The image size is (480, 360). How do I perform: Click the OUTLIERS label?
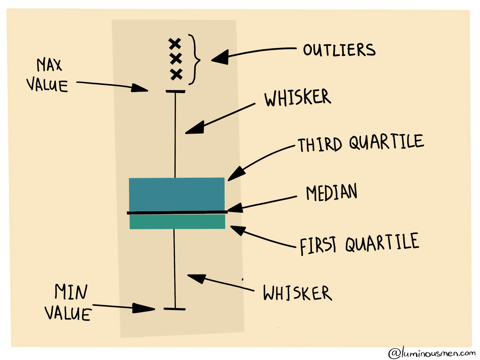coord(339,50)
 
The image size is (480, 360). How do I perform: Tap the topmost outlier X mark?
coord(175,44)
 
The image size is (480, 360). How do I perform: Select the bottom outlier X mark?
coord(176,74)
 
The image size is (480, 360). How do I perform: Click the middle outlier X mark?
coord(176,59)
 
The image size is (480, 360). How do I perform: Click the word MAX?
coord(49,65)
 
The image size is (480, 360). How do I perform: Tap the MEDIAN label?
coord(332,192)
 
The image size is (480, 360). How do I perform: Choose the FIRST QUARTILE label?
coord(359,244)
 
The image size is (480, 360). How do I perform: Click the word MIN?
coord(71,292)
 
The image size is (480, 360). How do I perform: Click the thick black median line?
coord(177,212)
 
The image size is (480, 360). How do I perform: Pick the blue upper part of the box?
coord(177,194)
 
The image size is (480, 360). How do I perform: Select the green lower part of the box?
coord(177,222)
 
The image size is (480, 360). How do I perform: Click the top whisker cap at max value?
coord(176,91)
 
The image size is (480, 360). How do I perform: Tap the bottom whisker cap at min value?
coord(175,309)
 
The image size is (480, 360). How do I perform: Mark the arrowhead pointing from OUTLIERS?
coord(220,57)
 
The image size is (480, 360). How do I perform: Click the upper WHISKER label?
coord(297,97)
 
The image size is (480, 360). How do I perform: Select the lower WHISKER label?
coord(297,293)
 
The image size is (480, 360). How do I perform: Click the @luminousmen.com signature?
coord(432,353)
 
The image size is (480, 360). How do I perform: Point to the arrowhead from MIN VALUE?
coord(143,309)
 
